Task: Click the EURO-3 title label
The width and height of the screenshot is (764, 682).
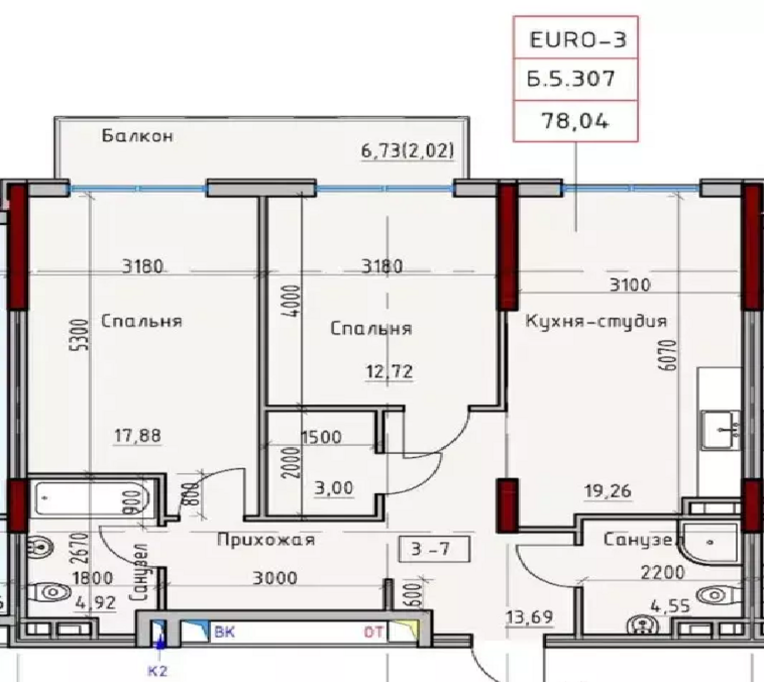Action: point(577,40)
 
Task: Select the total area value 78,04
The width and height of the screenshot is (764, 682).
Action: point(575,121)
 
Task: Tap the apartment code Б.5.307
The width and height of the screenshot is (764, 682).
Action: point(571,79)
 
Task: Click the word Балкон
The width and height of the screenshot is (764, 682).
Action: point(138,136)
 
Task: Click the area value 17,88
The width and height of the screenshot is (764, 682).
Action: point(138,436)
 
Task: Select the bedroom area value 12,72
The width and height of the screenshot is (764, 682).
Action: point(389,371)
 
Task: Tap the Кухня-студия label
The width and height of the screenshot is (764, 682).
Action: point(596,321)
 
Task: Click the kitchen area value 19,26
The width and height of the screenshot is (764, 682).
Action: point(607,491)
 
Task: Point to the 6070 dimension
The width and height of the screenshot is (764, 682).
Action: point(670,355)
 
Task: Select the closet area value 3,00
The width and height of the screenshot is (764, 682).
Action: point(334,488)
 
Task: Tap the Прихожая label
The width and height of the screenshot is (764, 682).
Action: point(266,540)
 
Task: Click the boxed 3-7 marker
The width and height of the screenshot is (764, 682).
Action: point(434,549)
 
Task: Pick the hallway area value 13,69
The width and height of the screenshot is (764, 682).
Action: point(529,617)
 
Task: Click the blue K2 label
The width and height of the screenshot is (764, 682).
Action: point(158,671)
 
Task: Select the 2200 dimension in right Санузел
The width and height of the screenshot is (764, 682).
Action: point(662,572)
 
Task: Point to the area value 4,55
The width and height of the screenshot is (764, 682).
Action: point(670,606)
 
